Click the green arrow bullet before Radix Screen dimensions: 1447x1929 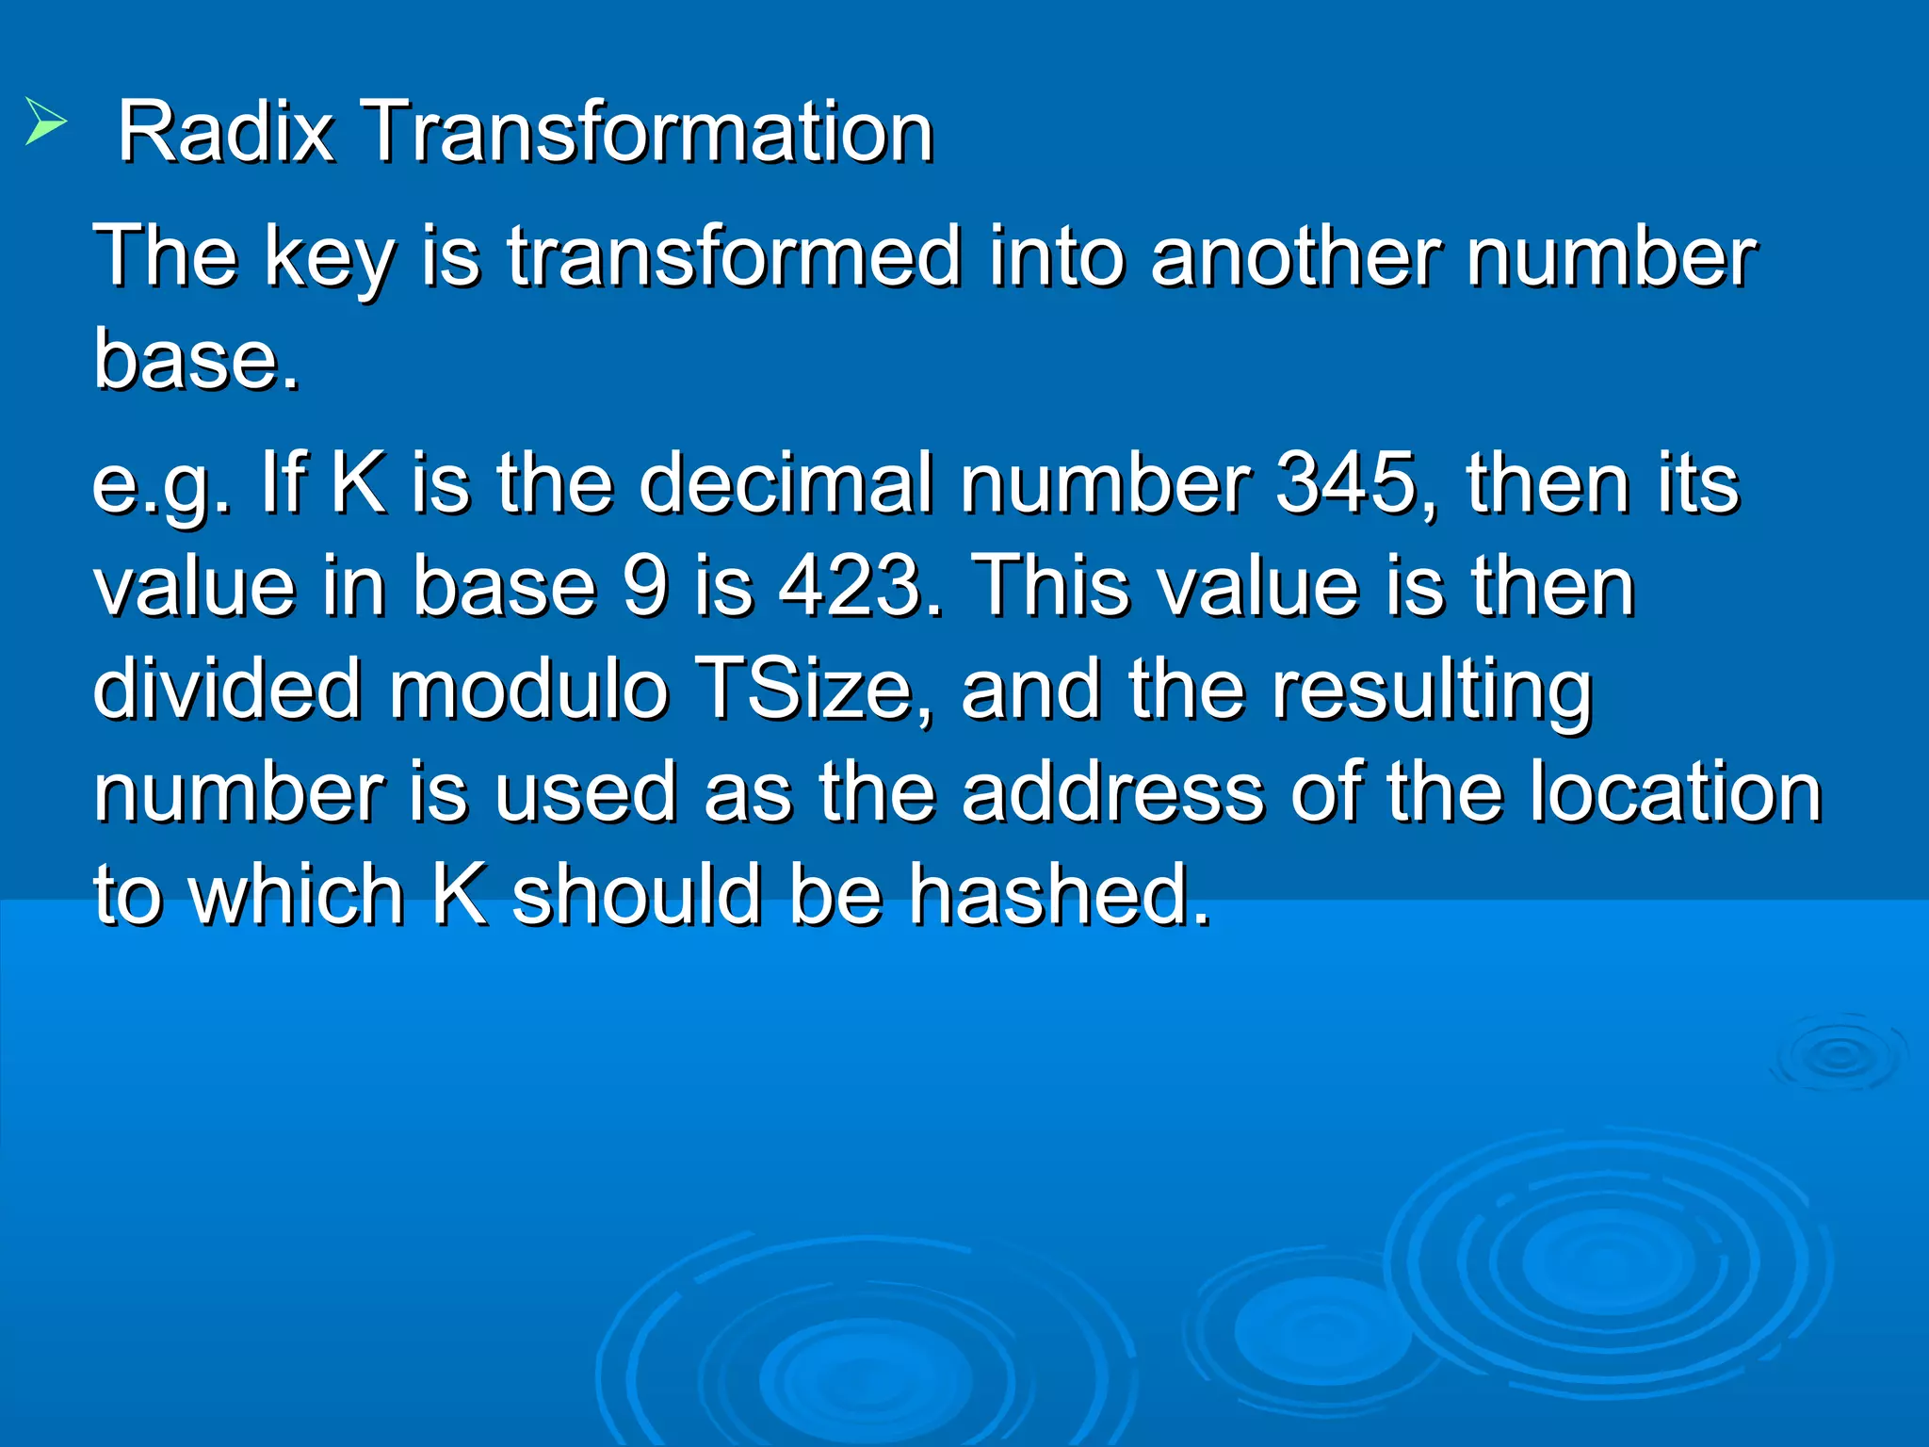(45, 122)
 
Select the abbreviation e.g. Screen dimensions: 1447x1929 (161, 486)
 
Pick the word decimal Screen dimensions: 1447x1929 (786, 484)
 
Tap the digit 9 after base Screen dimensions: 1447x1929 (646, 588)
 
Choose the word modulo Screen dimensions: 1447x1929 (528, 690)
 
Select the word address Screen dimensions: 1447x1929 (1112, 793)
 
